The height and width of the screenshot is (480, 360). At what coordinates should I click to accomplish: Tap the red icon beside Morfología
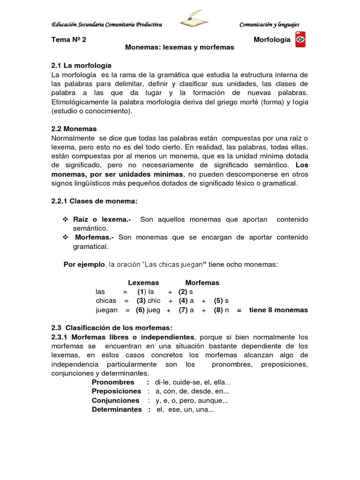click(x=301, y=40)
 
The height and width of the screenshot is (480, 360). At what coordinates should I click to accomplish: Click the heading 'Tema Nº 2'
click(x=68, y=40)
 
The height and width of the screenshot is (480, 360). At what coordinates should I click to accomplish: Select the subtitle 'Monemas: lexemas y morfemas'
click(x=180, y=48)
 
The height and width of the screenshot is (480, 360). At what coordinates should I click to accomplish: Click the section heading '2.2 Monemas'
click(x=74, y=129)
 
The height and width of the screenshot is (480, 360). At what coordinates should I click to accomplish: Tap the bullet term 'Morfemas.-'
click(x=93, y=238)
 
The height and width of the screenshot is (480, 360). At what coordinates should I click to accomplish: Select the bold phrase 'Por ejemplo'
click(x=84, y=264)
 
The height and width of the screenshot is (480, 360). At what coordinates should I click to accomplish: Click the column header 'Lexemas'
click(x=143, y=283)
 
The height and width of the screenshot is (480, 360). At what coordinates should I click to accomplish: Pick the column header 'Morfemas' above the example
click(x=202, y=283)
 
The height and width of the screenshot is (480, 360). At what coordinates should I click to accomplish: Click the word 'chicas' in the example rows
click(x=106, y=301)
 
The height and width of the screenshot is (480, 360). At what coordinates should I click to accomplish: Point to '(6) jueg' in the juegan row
click(x=148, y=310)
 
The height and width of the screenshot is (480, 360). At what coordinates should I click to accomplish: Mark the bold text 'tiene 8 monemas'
click(x=278, y=310)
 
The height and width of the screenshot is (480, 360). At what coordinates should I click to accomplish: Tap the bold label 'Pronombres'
click(x=113, y=382)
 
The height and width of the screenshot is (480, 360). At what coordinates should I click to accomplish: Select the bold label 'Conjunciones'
click(x=115, y=400)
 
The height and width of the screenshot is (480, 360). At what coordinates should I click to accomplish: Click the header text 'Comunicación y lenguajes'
click(x=269, y=24)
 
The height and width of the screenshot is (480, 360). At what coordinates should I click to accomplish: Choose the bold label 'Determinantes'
click(x=116, y=409)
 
